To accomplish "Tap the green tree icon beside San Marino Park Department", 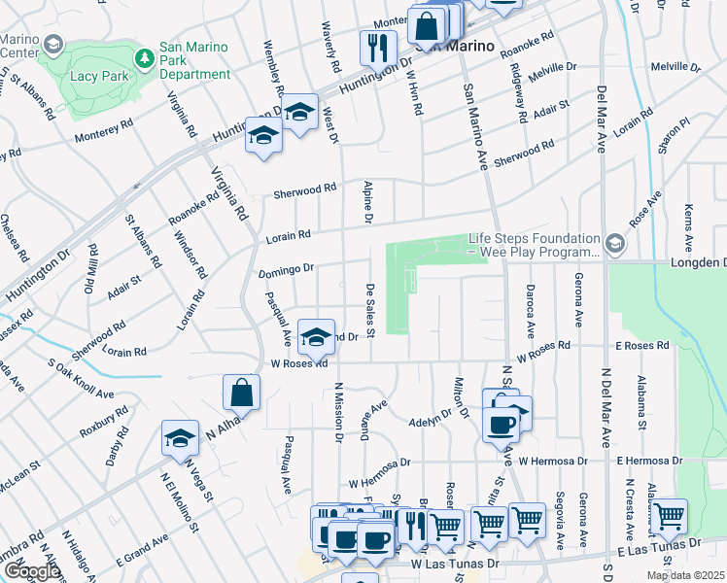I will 145,58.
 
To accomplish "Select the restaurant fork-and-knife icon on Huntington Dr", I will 378,48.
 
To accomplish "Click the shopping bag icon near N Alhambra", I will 241,393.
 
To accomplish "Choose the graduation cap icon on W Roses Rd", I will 315,337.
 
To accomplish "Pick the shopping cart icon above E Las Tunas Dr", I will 670,516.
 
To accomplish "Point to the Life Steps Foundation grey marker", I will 615,242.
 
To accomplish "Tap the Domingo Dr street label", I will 286,269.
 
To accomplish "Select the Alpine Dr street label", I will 368,202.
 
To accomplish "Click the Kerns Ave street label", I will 688,224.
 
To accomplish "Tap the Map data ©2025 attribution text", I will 684,575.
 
